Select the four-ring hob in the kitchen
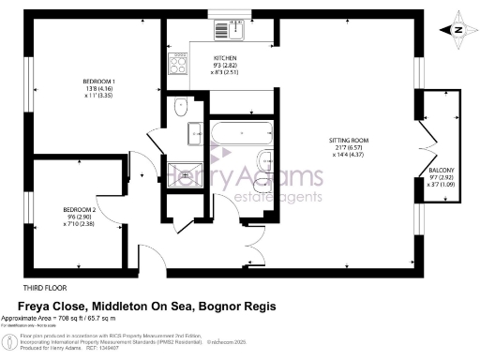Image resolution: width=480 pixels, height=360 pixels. coord(176,63)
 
